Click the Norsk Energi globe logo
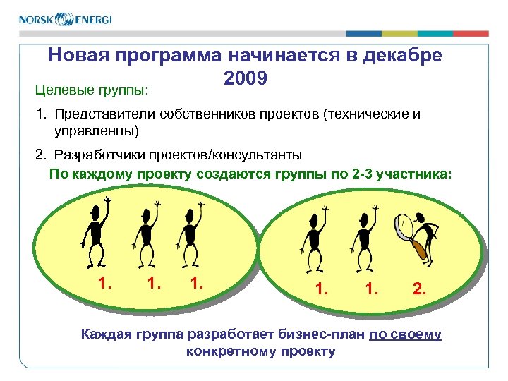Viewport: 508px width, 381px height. click(65, 19)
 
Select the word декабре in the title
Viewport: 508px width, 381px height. click(399, 56)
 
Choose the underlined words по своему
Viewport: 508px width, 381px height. click(405, 334)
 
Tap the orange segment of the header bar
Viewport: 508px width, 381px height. click(471, 33)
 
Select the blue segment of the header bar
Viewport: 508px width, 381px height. click(364, 33)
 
